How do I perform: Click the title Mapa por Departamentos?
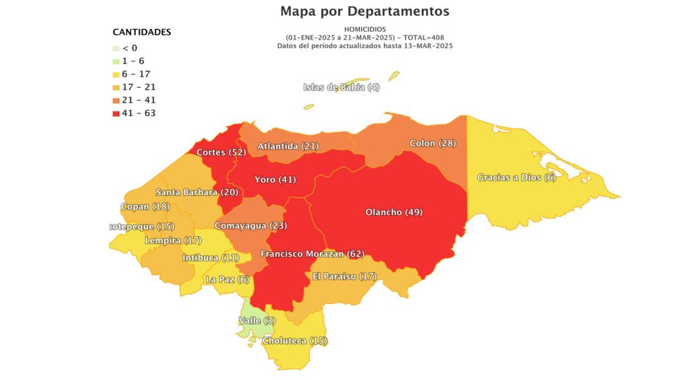(x=365, y=11)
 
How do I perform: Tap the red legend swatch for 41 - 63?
(x=117, y=113)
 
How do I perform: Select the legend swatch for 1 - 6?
(x=117, y=61)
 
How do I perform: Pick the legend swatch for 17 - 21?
(x=117, y=87)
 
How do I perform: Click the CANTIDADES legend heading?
(x=142, y=32)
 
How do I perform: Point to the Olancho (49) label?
(x=394, y=212)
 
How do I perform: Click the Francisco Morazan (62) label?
(x=312, y=254)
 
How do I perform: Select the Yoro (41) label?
(x=276, y=179)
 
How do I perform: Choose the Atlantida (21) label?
(x=288, y=146)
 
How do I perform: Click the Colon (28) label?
(x=432, y=143)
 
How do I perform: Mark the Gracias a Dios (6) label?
(x=517, y=177)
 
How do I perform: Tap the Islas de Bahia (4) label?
(x=341, y=87)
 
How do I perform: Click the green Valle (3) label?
(x=256, y=321)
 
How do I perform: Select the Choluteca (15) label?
(x=295, y=341)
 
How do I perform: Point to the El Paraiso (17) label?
(x=344, y=276)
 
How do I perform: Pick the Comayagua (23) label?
(x=250, y=226)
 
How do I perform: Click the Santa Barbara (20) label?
(x=196, y=192)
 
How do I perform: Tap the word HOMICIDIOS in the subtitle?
(x=365, y=30)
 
